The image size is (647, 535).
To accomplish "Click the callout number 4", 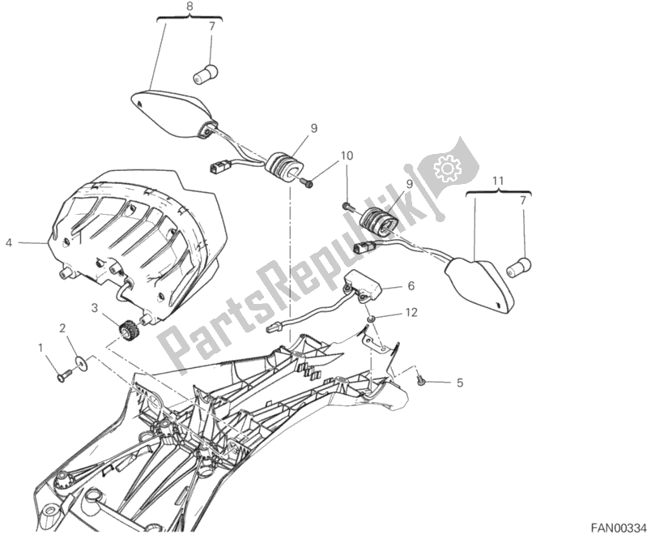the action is point(9,243).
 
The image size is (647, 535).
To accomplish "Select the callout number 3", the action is point(95,307).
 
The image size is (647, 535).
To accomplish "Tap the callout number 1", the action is point(40,349).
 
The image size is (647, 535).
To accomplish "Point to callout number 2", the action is point(62,328).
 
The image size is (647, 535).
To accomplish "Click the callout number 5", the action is point(460,383).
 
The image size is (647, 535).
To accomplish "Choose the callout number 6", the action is point(411,285).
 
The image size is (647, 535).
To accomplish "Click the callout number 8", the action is point(189,6).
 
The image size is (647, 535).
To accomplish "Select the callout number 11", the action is point(498,181).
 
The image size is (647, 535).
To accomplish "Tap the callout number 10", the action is point(347,156).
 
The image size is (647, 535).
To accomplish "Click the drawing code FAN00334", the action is point(617,528).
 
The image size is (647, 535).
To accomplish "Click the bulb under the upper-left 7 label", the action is point(206,74).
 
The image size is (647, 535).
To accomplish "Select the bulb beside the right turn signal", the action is point(519,267).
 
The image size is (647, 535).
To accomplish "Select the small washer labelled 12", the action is point(372,319).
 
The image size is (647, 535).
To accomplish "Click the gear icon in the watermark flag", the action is point(446,167).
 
